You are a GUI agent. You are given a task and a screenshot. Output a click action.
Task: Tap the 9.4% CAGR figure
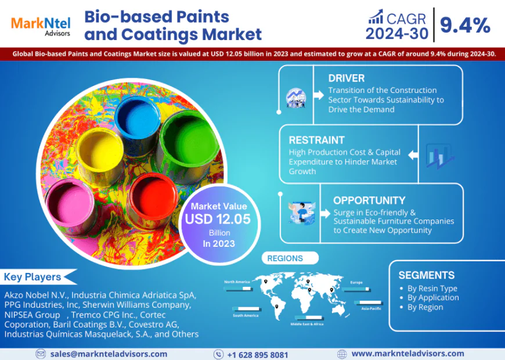click(465, 24)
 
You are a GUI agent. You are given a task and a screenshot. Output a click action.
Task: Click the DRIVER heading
click(346, 78)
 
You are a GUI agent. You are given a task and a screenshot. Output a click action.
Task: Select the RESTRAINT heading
click(316, 140)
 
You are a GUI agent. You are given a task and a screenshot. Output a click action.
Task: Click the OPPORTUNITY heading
click(369, 200)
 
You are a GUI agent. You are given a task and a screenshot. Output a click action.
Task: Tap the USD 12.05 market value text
click(218, 219)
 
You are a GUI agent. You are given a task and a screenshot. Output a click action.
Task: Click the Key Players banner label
click(33, 277)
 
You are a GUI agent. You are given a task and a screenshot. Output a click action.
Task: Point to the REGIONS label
click(286, 258)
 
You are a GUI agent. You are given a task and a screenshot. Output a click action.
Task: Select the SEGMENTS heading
click(427, 275)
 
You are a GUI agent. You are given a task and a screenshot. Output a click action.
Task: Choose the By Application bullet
click(433, 297)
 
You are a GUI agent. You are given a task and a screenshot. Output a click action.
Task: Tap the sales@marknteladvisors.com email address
click(109, 354)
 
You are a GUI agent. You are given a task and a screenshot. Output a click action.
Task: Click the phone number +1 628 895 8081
click(258, 354)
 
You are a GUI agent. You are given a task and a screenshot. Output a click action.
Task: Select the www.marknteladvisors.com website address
click(407, 353)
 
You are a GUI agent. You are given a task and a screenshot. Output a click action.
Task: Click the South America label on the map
click(246, 316)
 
